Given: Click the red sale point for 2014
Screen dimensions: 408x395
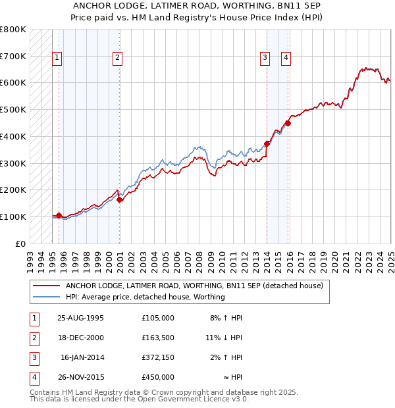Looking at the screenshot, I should [267, 143].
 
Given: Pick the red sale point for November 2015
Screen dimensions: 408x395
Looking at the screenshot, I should [288, 122].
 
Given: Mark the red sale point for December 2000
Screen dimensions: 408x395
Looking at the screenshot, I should [120, 199].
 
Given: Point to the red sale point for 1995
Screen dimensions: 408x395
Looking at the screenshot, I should [59, 215].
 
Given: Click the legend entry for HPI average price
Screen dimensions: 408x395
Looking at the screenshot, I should [145, 297].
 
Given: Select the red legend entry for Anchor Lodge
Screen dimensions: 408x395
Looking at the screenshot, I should [194, 286].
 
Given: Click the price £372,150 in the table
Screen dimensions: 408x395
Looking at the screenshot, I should [157, 357].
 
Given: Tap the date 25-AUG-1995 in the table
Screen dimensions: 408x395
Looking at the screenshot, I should [80, 318].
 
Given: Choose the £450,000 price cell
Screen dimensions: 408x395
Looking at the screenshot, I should [157, 377].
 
